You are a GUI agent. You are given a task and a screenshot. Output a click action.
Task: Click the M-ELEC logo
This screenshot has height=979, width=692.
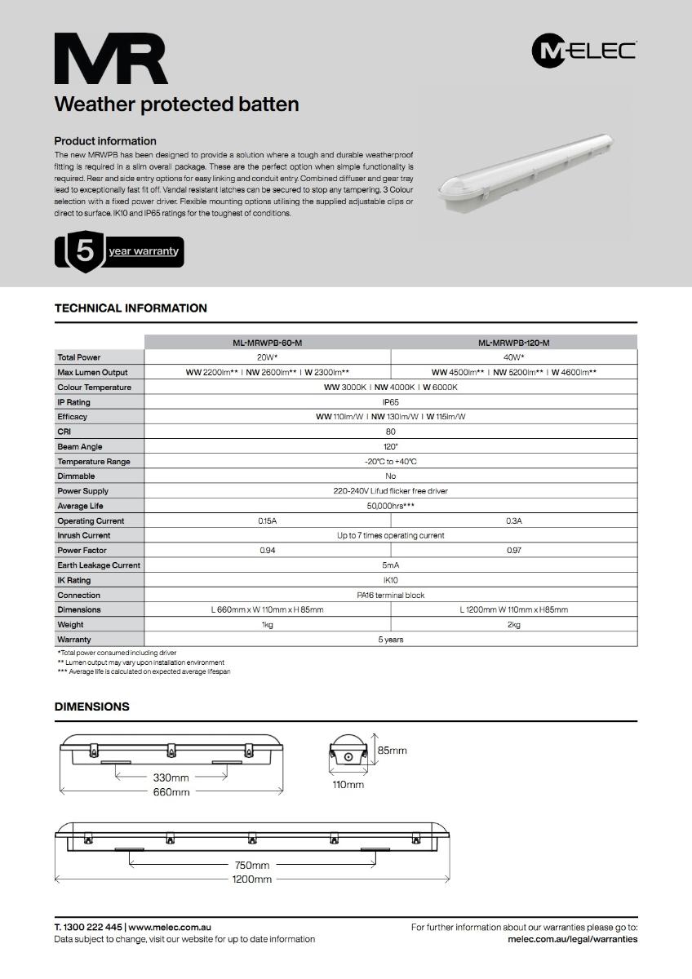click(583, 51)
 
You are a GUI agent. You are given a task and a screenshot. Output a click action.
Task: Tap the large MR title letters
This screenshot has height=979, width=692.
click(111, 59)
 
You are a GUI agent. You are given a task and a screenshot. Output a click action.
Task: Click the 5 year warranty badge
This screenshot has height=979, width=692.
click(119, 251)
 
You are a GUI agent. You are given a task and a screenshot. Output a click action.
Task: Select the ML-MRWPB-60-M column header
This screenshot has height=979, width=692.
click(268, 343)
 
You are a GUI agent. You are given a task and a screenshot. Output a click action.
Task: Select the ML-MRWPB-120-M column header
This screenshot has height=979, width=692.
click(514, 343)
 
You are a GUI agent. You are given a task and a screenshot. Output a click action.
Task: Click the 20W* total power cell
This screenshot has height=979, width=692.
click(268, 357)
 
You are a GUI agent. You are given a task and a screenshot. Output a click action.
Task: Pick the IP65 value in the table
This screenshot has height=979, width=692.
click(391, 402)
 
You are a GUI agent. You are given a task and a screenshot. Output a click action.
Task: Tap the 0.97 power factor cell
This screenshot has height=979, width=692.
click(514, 551)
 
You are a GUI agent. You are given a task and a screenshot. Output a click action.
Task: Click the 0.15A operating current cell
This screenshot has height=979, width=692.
click(268, 521)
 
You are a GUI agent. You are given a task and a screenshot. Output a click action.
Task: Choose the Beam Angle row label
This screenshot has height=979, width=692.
click(80, 447)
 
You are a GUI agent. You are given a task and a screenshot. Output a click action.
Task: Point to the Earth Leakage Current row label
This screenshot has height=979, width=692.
click(99, 565)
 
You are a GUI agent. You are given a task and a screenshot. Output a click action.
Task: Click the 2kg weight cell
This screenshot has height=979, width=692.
click(514, 625)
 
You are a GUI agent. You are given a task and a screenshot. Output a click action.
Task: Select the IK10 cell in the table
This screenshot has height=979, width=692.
click(391, 580)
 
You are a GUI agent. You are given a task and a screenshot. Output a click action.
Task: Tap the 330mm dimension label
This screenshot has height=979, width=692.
click(171, 777)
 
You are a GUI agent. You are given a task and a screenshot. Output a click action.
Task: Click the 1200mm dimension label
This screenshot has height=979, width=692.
click(252, 879)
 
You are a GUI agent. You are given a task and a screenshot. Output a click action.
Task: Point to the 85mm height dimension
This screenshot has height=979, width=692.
click(392, 750)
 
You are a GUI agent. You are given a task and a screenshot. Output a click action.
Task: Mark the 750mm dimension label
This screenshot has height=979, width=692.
click(252, 866)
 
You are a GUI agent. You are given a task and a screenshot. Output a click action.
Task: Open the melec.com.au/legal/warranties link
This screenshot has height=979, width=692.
click(572, 939)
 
